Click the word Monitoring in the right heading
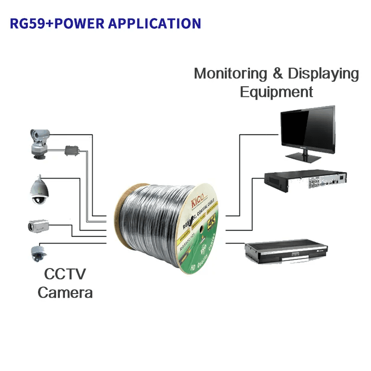tap(230, 74)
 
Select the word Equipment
tap(276, 92)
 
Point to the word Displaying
tap(323, 74)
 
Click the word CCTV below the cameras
tap(65, 274)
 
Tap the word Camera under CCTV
tap(65, 293)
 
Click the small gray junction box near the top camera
tap(73, 150)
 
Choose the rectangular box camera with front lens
tap(38, 226)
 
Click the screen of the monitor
tap(307, 128)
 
